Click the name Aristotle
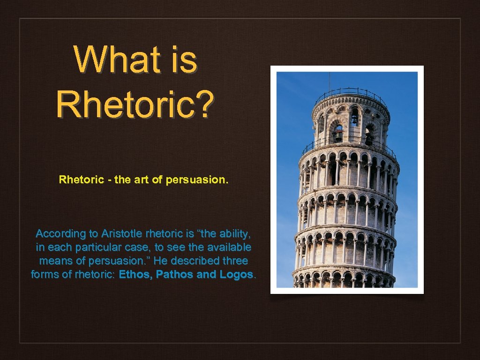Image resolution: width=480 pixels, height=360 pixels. click(120, 233)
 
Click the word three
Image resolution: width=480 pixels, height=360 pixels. click(234, 261)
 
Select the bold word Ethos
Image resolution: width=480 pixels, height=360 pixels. click(135, 274)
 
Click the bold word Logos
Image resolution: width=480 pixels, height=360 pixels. click(236, 274)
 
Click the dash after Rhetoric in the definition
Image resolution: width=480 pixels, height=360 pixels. click(108, 180)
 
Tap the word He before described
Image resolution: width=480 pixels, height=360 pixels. click(161, 261)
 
